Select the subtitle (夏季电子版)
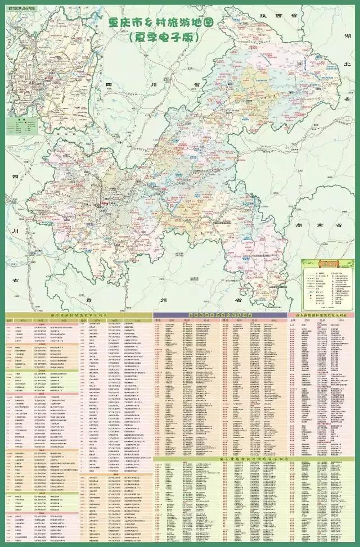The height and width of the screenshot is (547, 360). pyautogui.click(x=163, y=38)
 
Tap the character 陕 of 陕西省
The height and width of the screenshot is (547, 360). pyautogui.click(x=262, y=17)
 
